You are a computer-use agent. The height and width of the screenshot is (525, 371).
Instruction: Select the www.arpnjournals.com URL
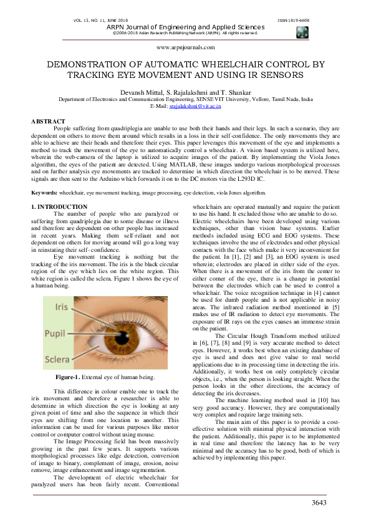(185, 47)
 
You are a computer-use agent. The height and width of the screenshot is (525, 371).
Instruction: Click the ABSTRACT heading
(48, 120)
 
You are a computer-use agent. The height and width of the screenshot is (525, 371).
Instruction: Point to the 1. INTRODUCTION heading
(59, 206)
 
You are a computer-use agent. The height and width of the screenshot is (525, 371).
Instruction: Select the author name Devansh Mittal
(140, 92)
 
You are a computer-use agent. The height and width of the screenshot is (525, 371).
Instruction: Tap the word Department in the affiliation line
(74, 99)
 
